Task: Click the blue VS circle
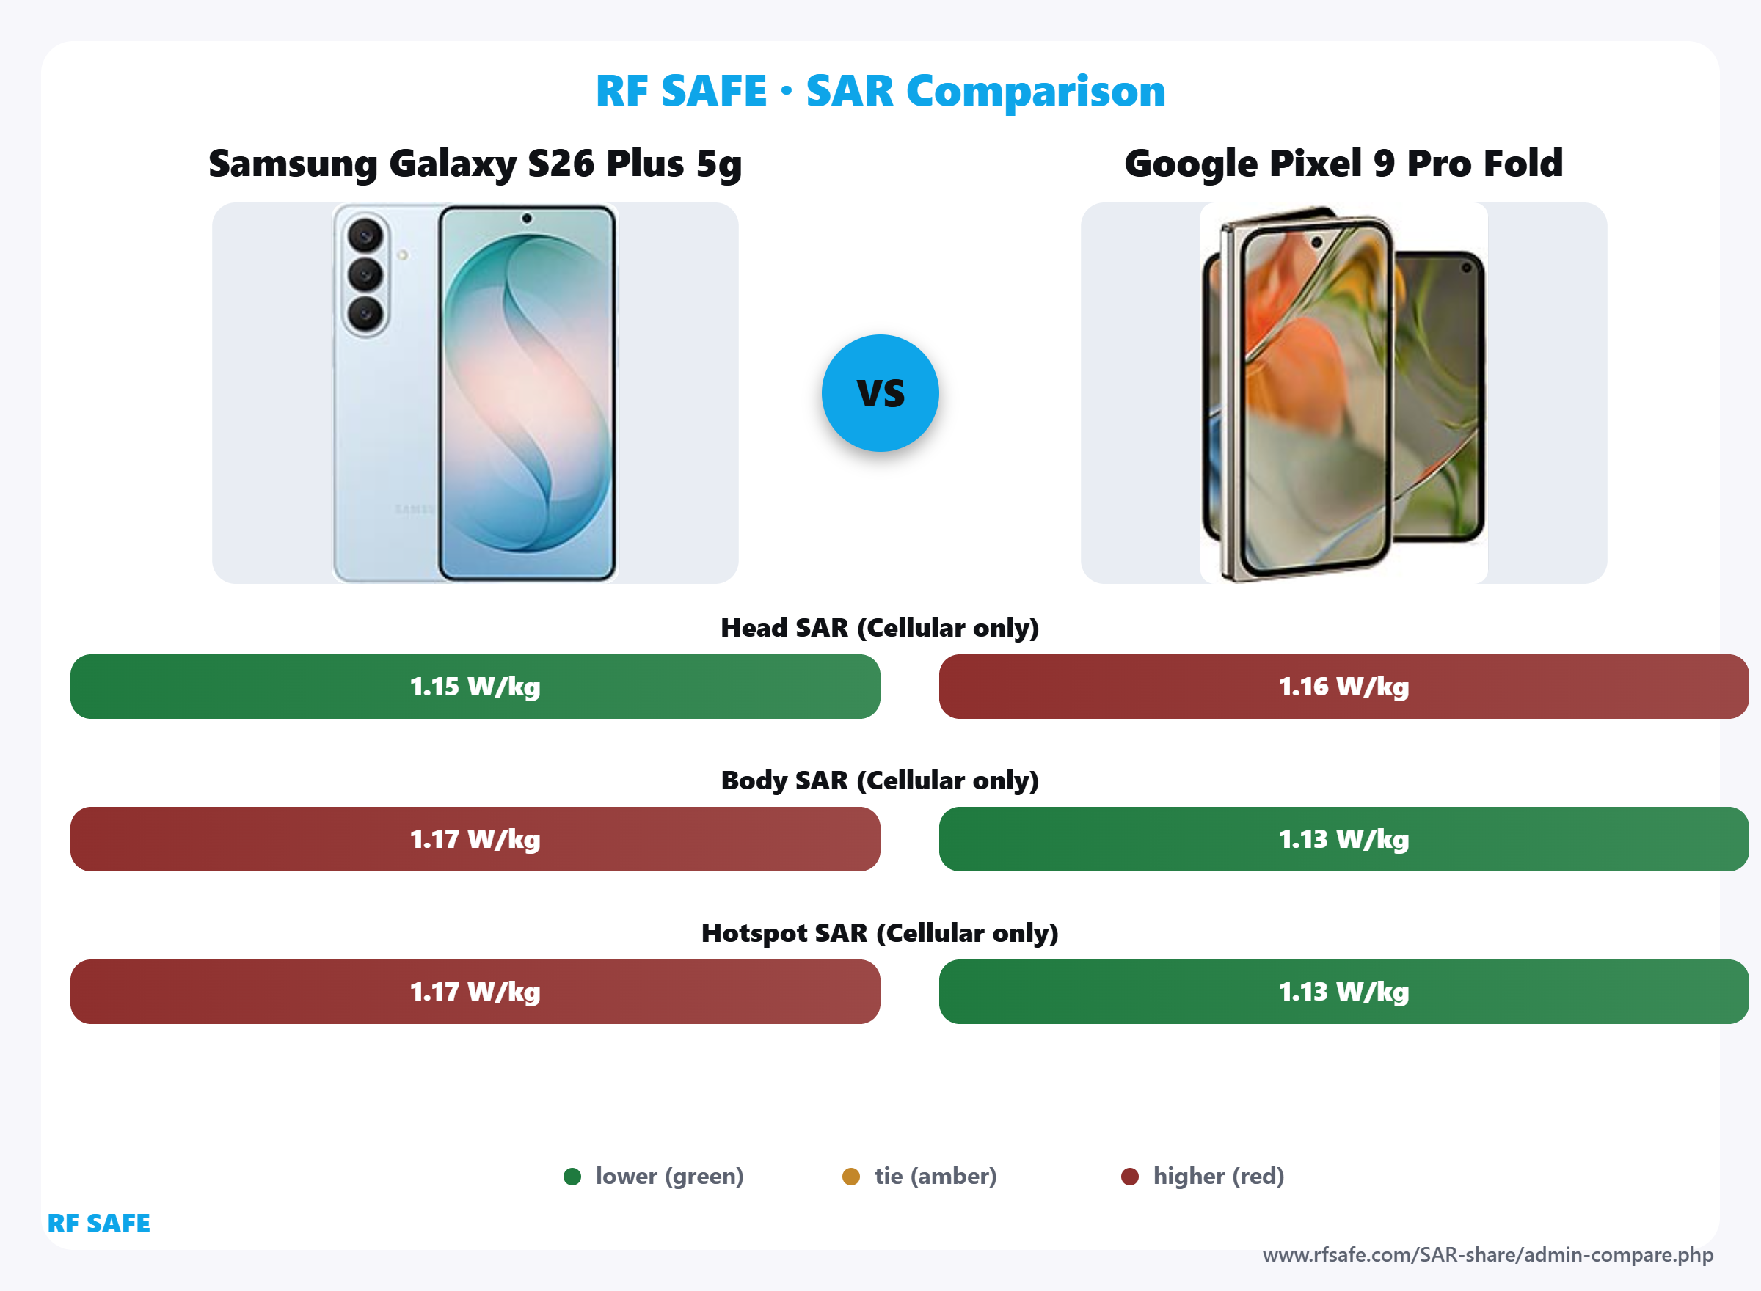click(880, 393)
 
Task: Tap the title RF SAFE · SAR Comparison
click(880, 91)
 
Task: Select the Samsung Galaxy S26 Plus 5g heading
click(475, 164)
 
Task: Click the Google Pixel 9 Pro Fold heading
click(1343, 164)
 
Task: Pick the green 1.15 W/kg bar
click(475, 686)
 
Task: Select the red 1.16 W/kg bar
click(1343, 686)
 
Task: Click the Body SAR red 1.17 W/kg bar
click(475, 838)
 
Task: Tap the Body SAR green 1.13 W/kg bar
click(1343, 838)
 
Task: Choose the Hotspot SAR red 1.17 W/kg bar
click(475, 991)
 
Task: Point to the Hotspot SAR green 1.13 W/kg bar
click(1343, 991)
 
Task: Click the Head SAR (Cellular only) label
click(879, 627)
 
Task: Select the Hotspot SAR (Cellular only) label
click(879, 932)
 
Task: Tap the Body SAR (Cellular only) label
click(879, 780)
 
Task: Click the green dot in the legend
click(572, 1176)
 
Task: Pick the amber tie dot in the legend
click(851, 1176)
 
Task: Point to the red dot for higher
click(1129, 1176)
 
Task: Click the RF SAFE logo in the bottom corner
click(98, 1223)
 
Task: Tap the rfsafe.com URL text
click(1487, 1255)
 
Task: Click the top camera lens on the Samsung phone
click(365, 235)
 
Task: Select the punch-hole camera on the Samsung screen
click(527, 218)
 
